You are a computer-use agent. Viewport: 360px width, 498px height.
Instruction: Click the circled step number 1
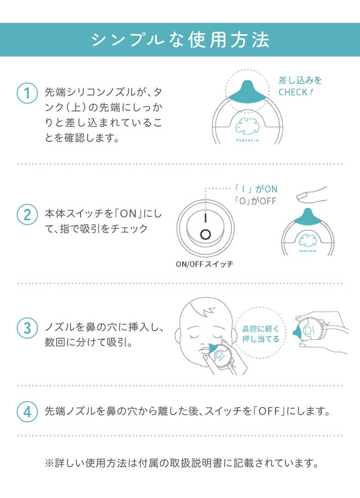(27, 94)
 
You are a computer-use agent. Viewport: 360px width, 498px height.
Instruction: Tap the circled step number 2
(27, 214)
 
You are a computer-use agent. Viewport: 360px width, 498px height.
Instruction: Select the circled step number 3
(27, 328)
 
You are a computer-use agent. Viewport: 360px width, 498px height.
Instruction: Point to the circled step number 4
(27, 412)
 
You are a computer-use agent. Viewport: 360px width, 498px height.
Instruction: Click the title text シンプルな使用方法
(180, 40)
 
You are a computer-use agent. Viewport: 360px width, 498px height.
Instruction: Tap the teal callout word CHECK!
(296, 93)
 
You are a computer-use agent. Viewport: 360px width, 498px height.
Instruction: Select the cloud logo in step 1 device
(247, 126)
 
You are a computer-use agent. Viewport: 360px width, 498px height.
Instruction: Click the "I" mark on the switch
(206, 218)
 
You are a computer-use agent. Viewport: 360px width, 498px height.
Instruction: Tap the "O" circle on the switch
(206, 235)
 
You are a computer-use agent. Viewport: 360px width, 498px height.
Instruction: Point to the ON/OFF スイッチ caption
(205, 264)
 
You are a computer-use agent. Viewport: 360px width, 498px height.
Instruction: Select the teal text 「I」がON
(256, 189)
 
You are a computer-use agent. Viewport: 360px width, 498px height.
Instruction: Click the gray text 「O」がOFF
(255, 201)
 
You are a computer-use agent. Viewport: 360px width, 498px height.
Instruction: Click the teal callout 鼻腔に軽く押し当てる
(260, 334)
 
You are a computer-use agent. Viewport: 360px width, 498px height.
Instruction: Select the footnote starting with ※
(182, 463)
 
